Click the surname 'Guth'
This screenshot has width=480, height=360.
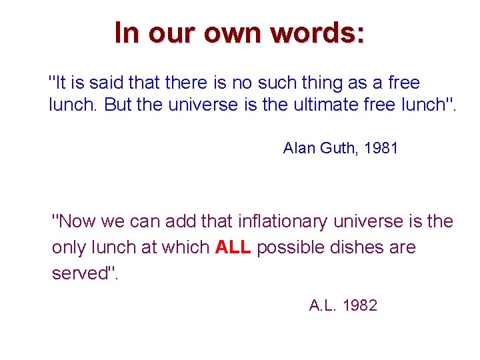pyautogui.click(x=338, y=148)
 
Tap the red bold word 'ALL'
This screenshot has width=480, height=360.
pyautogui.click(x=233, y=248)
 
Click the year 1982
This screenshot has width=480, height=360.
pyautogui.click(x=360, y=306)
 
